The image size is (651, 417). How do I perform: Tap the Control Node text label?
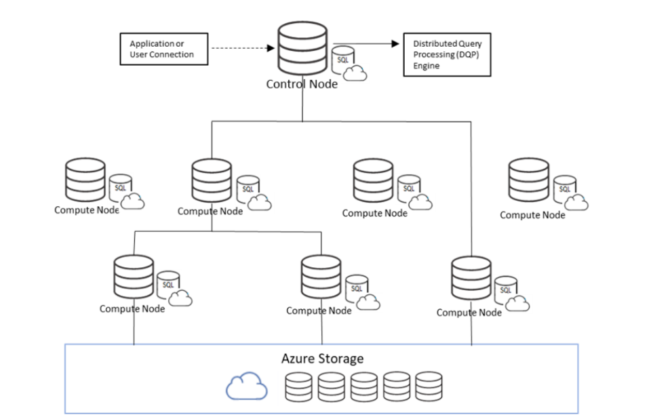(x=302, y=84)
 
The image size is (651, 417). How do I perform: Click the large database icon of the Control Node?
(x=302, y=48)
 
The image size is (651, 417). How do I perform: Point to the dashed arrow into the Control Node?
(x=243, y=48)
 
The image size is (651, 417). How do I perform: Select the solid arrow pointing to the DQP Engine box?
(x=366, y=43)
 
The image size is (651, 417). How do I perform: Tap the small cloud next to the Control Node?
(x=355, y=73)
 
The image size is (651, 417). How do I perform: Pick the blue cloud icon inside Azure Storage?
(x=247, y=386)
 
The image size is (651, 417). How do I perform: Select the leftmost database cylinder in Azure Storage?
(x=298, y=387)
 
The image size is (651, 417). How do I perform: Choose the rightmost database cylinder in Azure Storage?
(x=429, y=387)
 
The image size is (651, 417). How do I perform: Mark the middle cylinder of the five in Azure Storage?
(x=363, y=387)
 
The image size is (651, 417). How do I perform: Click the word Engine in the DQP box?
(x=426, y=66)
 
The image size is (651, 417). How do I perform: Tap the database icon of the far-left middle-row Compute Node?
(x=85, y=180)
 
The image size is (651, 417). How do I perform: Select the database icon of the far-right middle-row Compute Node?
(x=528, y=180)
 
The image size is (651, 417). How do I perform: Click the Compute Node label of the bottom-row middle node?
(x=319, y=311)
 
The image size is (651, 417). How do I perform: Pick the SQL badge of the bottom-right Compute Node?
(x=506, y=289)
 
